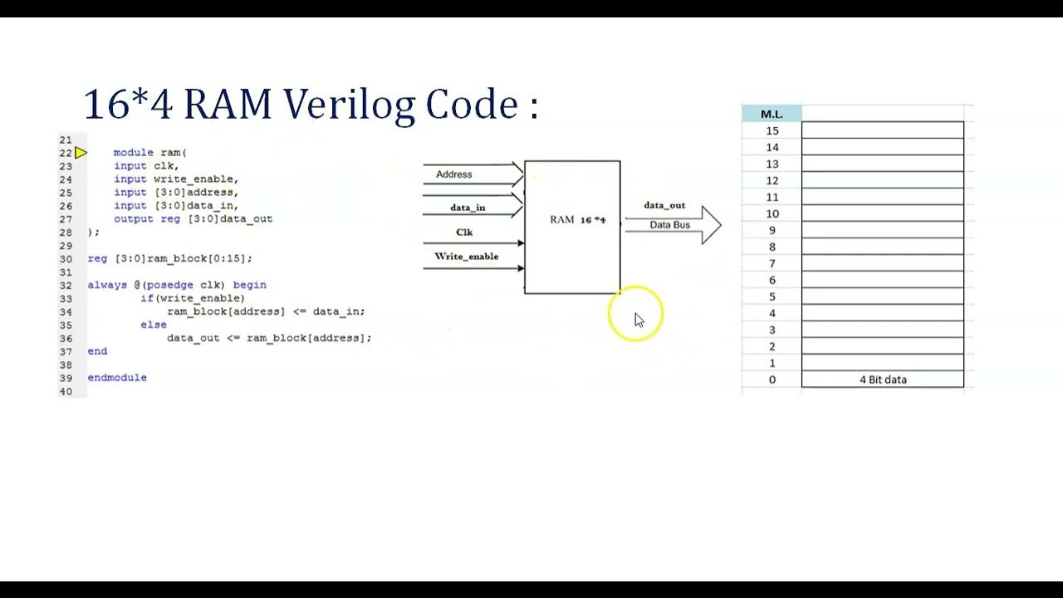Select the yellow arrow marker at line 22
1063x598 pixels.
point(81,153)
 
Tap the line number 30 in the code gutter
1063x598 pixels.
point(66,258)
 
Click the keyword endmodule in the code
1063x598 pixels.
point(117,378)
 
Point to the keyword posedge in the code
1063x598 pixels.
point(169,285)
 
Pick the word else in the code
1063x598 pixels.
point(154,325)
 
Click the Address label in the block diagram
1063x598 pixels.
point(453,174)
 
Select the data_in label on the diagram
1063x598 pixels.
point(468,208)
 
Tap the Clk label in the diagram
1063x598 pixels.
point(464,233)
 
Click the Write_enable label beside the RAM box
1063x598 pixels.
point(467,257)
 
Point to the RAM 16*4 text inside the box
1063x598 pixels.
point(578,220)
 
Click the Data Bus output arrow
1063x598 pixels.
point(673,225)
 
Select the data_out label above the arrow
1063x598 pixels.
point(664,205)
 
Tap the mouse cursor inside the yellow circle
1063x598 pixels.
point(639,320)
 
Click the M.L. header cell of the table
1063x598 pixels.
point(772,114)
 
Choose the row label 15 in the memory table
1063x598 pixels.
point(772,131)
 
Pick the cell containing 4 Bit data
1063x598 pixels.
point(883,380)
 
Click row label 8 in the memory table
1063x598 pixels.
point(772,247)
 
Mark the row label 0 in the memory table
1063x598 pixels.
point(772,380)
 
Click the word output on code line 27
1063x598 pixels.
point(134,219)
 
